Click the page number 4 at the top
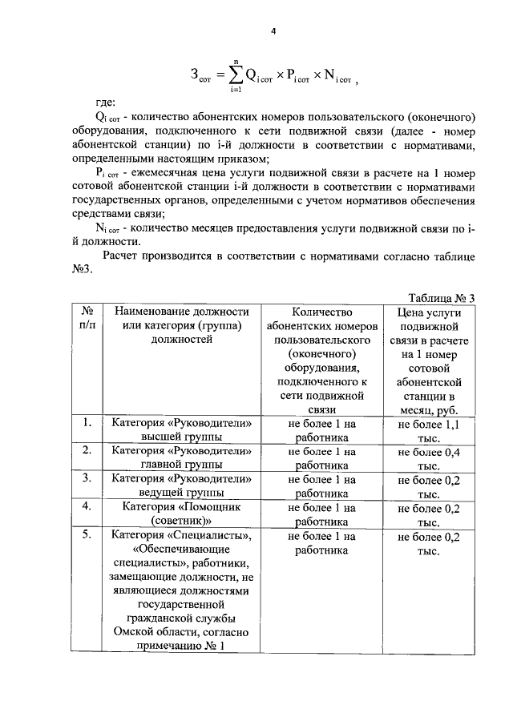tap(273, 31)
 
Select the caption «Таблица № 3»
tap(442, 296)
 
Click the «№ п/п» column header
tap(87, 318)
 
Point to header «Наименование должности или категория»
tap(182, 325)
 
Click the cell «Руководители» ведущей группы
tap(182, 486)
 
